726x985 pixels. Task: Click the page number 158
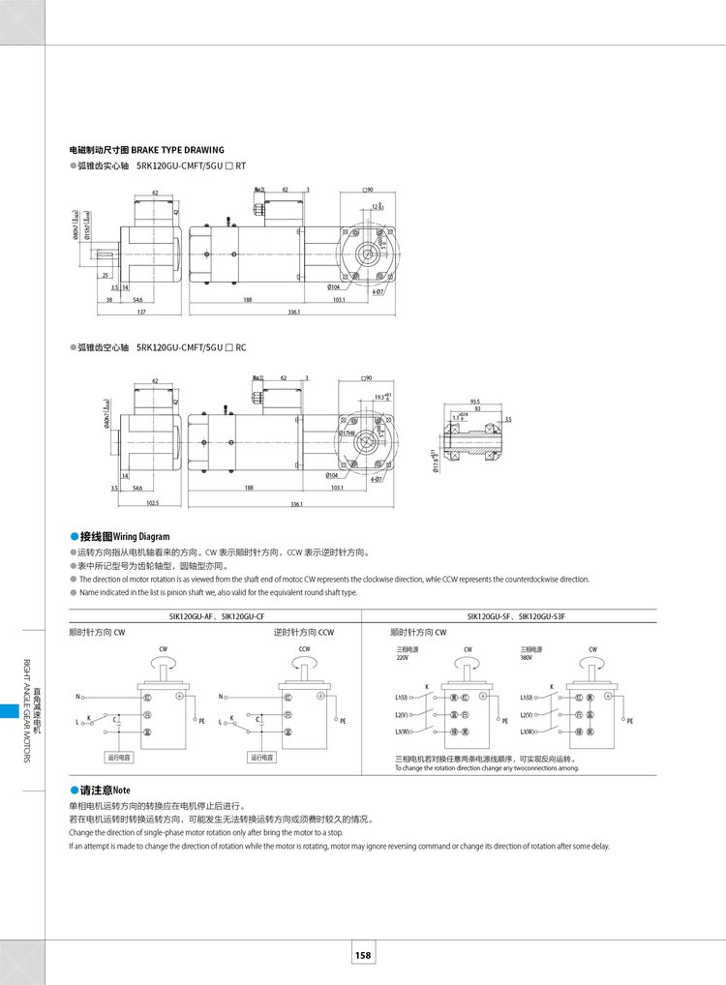pos(363,955)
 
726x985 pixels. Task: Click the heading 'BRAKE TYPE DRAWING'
pos(177,150)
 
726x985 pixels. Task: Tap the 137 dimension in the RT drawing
pos(141,313)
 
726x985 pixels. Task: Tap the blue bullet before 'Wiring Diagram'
pos(74,536)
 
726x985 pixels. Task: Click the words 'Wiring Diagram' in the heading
pos(141,536)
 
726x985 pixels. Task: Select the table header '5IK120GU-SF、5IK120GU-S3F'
pos(508,615)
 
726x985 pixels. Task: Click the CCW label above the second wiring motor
pos(304,649)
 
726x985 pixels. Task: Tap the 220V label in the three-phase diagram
pos(403,657)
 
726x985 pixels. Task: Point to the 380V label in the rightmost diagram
pos(527,657)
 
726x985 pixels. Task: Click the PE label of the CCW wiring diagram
pos(343,721)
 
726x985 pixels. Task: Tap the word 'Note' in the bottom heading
pos(121,791)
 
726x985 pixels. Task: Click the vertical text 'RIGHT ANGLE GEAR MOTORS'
pos(26,711)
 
